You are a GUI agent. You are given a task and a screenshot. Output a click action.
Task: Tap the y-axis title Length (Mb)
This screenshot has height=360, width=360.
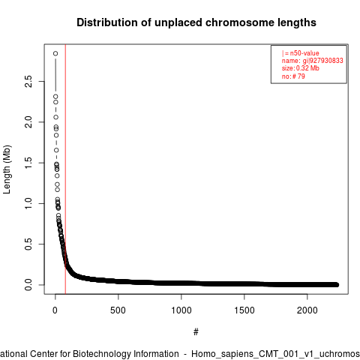pyautogui.click(x=7, y=169)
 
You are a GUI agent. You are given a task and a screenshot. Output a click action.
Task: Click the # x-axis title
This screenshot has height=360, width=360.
pyautogui.click(x=196, y=331)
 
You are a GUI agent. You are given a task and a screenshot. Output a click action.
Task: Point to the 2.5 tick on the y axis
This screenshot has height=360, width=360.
pyautogui.click(x=28, y=81)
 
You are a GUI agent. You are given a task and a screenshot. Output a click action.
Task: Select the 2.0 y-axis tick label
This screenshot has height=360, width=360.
pyautogui.click(x=28, y=122)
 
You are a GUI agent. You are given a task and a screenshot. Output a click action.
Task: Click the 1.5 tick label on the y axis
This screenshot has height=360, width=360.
pyautogui.click(x=28, y=163)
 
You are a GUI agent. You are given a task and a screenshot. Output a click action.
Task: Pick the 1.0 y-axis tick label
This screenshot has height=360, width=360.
pyautogui.click(x=28, y=203)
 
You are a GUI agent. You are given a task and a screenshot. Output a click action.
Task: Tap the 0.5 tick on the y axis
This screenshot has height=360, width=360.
pyautogui.click(x=28, y=244)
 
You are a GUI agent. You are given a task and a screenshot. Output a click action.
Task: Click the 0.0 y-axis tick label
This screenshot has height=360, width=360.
pyautogui.click(x=28, y=285)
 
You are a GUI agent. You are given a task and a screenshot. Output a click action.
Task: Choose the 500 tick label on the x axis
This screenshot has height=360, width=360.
pyautogui.click(x=118, y=310)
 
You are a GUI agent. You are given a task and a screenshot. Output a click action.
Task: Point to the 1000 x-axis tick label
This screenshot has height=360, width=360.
pyautogui.click(x=181, y=310)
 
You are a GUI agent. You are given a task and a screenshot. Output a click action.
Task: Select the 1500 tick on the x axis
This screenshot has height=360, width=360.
pyautogui.click(x=244, y=310)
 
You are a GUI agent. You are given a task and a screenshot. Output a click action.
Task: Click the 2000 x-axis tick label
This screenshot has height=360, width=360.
pyautogui.click(x=307, y=310)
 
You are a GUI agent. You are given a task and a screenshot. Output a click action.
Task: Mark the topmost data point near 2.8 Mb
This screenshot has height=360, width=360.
pyautogui.click(x=55, y=53)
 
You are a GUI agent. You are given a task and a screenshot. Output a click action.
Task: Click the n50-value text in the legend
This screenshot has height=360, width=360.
pyautogui.click(x=304, y=53)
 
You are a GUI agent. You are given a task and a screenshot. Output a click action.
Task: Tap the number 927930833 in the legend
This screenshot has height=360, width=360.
pyautogui.click(x=326, y=61)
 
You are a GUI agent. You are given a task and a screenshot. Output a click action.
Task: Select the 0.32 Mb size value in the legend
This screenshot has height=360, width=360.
pyautogui.click(x=307, y=68)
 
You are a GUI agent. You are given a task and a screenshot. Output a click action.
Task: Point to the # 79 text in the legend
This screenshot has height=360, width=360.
pyautogui.click(x=298, y=76)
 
